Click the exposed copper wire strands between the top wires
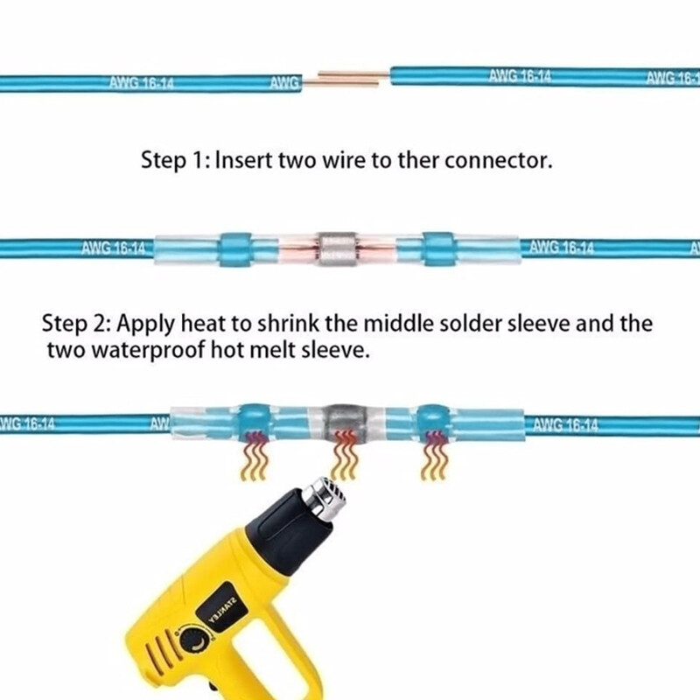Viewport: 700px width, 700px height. coord(346,79)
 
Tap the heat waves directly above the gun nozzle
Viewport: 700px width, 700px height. coord(346,456)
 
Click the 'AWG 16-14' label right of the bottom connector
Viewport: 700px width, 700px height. coord(566,426)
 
